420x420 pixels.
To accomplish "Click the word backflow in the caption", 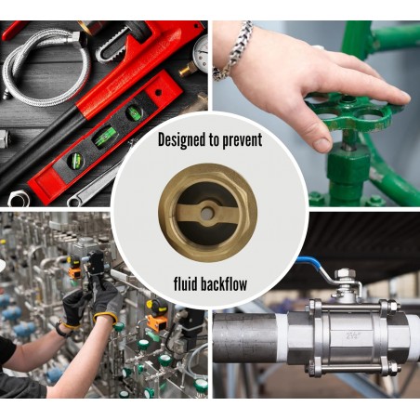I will pyautogui.click(x=230, y=282).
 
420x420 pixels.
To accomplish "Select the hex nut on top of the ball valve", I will pyautogui.click(x=346, y=274).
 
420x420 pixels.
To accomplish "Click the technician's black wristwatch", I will pyautogui.click(x=66, y=328).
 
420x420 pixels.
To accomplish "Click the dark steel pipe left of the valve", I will pyautogui.click(x=246, y=336).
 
